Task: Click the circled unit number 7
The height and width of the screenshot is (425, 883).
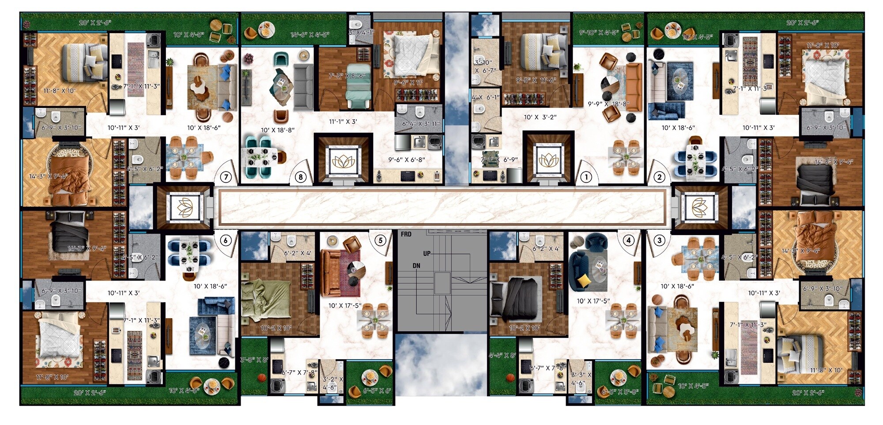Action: click(x=226, y=178)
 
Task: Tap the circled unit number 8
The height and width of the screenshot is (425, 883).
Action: click(x=301, y=178)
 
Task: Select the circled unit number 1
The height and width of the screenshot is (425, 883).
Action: click(x=586, y=178)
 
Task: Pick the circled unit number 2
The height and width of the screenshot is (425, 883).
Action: click(x=659, y=178)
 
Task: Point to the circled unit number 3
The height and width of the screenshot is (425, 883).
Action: click(x=659, y=241)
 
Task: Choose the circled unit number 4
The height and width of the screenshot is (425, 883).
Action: click(x=628, y=241)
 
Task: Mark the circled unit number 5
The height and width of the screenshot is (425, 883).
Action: click(x=380, y=241)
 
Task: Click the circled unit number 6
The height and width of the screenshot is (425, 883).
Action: click(x=226, y=241)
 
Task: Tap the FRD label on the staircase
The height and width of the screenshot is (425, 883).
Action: click(x=406, y=234)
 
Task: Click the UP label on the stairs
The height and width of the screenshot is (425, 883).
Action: click(x=426, y=254)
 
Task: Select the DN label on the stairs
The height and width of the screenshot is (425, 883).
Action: click(x=416, y=266)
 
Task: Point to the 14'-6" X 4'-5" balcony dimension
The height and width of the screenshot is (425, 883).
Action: click(x=309, y=34)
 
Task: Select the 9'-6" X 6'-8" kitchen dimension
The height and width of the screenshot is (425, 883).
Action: click(x=407, y=159)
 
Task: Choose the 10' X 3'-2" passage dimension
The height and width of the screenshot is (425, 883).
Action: click(x=540, y=117)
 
